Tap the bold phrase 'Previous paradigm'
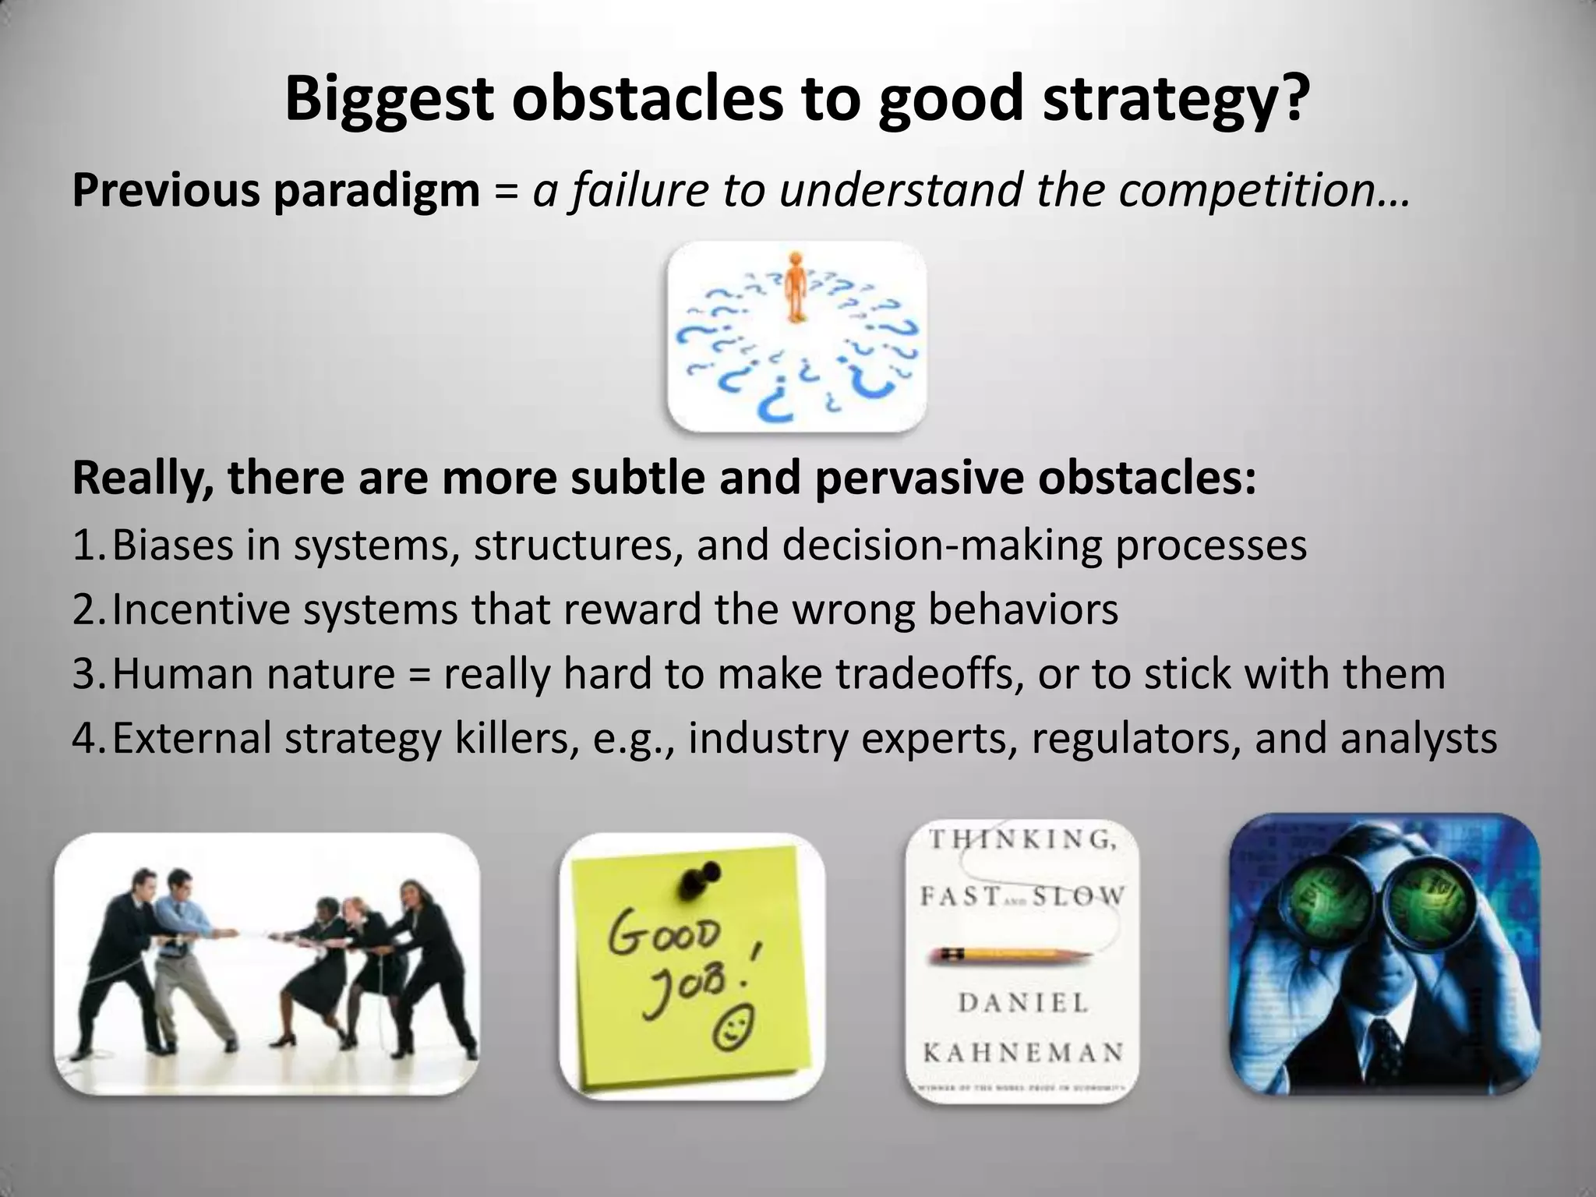point(276,190)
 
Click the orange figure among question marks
point(794,285)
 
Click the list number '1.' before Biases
point(90,545)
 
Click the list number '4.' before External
point(90,738)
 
